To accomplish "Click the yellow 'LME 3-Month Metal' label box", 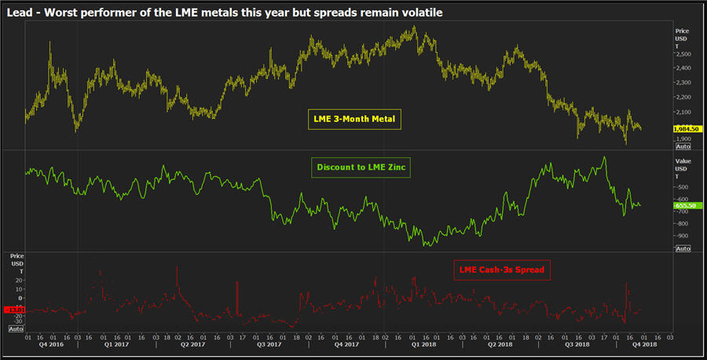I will click(x=353, y=119).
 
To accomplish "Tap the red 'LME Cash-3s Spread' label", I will click(x=502, y=270).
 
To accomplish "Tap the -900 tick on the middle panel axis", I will click(x=683, y=236).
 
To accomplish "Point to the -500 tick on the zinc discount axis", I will click(x=683, y=187).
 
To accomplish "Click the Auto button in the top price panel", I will click(x=683, y=146).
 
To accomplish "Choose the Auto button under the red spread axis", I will click(x=15, y=330).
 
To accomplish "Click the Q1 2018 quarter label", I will click(x=423, y=345).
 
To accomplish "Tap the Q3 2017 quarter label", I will click(x=269, y=345).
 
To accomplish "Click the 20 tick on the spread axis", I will click(x=20, y=280).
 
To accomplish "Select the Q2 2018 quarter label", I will click(x=500, y=345).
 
